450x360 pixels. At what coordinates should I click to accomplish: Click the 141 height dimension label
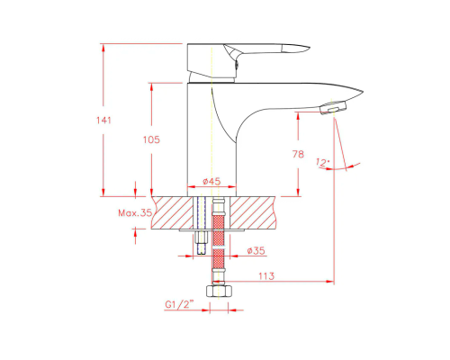[103, 121]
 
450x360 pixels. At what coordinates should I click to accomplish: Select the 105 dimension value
[151, 139]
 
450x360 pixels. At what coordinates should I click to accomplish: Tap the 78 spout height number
[298, 154]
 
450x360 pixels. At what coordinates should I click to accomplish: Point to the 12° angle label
[322, 163]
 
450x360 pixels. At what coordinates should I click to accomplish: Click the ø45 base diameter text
[211, 181]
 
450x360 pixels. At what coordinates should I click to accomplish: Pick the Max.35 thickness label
[135, 213]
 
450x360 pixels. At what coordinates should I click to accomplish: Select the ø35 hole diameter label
[256, 250]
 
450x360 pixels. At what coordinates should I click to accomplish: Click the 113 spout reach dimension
[266, 275]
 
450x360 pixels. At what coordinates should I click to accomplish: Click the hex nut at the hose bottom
[219, 291]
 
